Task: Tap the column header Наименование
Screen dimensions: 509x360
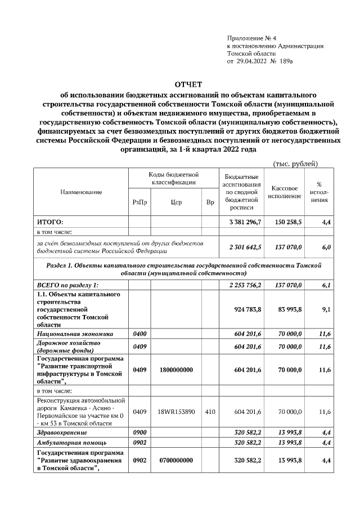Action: click(81, 192)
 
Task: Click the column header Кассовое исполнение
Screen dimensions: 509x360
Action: click(284, 192)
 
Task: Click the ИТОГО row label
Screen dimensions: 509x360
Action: click(50, 222)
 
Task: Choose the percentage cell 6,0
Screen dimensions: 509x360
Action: click(326, 247)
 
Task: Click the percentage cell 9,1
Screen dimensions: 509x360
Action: click(326, 309)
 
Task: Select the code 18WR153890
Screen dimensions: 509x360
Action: click(175, 412)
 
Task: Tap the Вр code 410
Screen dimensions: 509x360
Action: click(210, 412)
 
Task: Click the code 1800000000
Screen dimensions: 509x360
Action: click(175, 370)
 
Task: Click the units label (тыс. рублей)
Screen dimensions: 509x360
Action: click(295, 164)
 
